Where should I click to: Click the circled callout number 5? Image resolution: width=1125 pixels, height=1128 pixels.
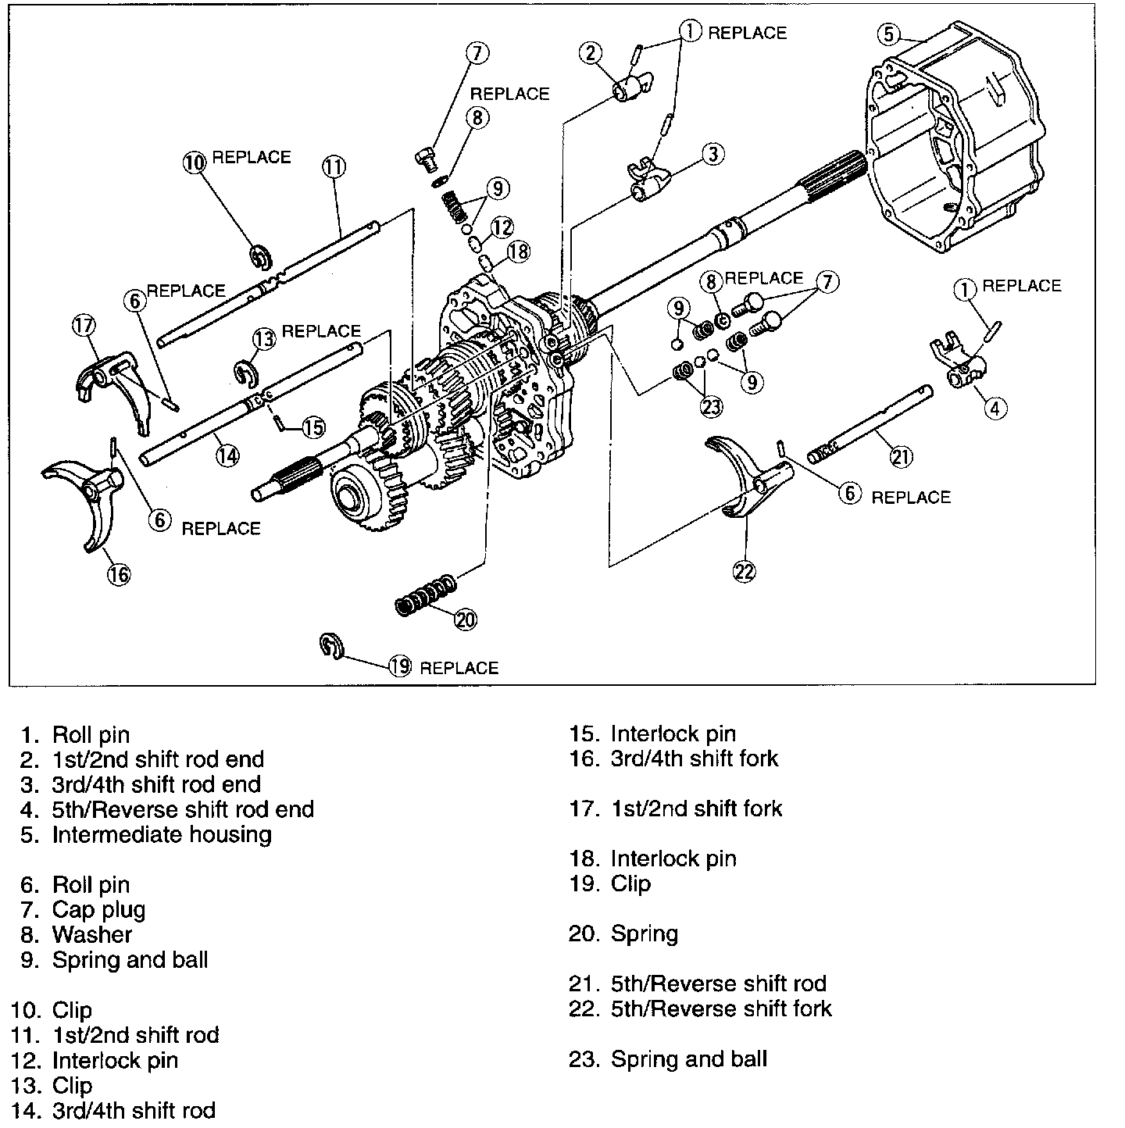click(887, 34)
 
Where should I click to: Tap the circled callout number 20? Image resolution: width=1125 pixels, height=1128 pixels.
click(465, 619)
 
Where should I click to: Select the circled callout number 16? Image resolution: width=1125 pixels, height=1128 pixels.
click(119, 574)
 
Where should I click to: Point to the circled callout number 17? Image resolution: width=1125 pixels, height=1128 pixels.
click(83, 325)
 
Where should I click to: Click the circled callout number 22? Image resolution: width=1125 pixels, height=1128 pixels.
click(745, 571)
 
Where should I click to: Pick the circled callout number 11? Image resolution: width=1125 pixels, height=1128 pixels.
click(333, 166)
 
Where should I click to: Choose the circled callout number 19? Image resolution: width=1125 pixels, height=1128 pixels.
click(400, 666)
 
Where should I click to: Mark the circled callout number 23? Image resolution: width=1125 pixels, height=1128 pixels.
click(711, 405)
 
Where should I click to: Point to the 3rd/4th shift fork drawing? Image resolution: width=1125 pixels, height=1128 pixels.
click(87, 500)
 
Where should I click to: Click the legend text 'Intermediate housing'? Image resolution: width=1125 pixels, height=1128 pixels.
click(162, 834)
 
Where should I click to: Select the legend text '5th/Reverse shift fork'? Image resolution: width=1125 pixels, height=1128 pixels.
click(721, 1008)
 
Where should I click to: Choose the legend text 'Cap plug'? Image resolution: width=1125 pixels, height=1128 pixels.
click(98, 909)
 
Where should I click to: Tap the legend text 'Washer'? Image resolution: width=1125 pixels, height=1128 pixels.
click(91, 934)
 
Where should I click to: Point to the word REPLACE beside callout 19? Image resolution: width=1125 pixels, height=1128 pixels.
click(459, 668)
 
